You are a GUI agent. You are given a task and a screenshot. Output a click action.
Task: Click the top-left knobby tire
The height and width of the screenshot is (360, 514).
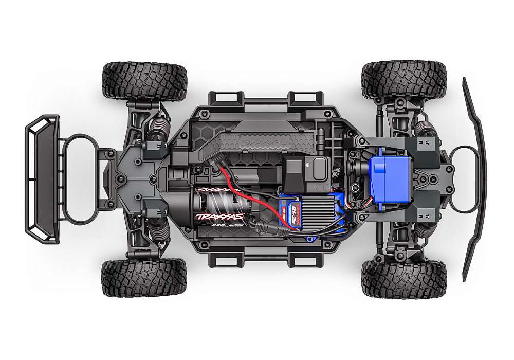point(144,80)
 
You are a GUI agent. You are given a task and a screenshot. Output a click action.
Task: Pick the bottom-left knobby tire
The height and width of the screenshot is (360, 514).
point(144,278)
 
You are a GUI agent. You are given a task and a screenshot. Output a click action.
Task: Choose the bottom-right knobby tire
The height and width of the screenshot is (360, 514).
point(404,278)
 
